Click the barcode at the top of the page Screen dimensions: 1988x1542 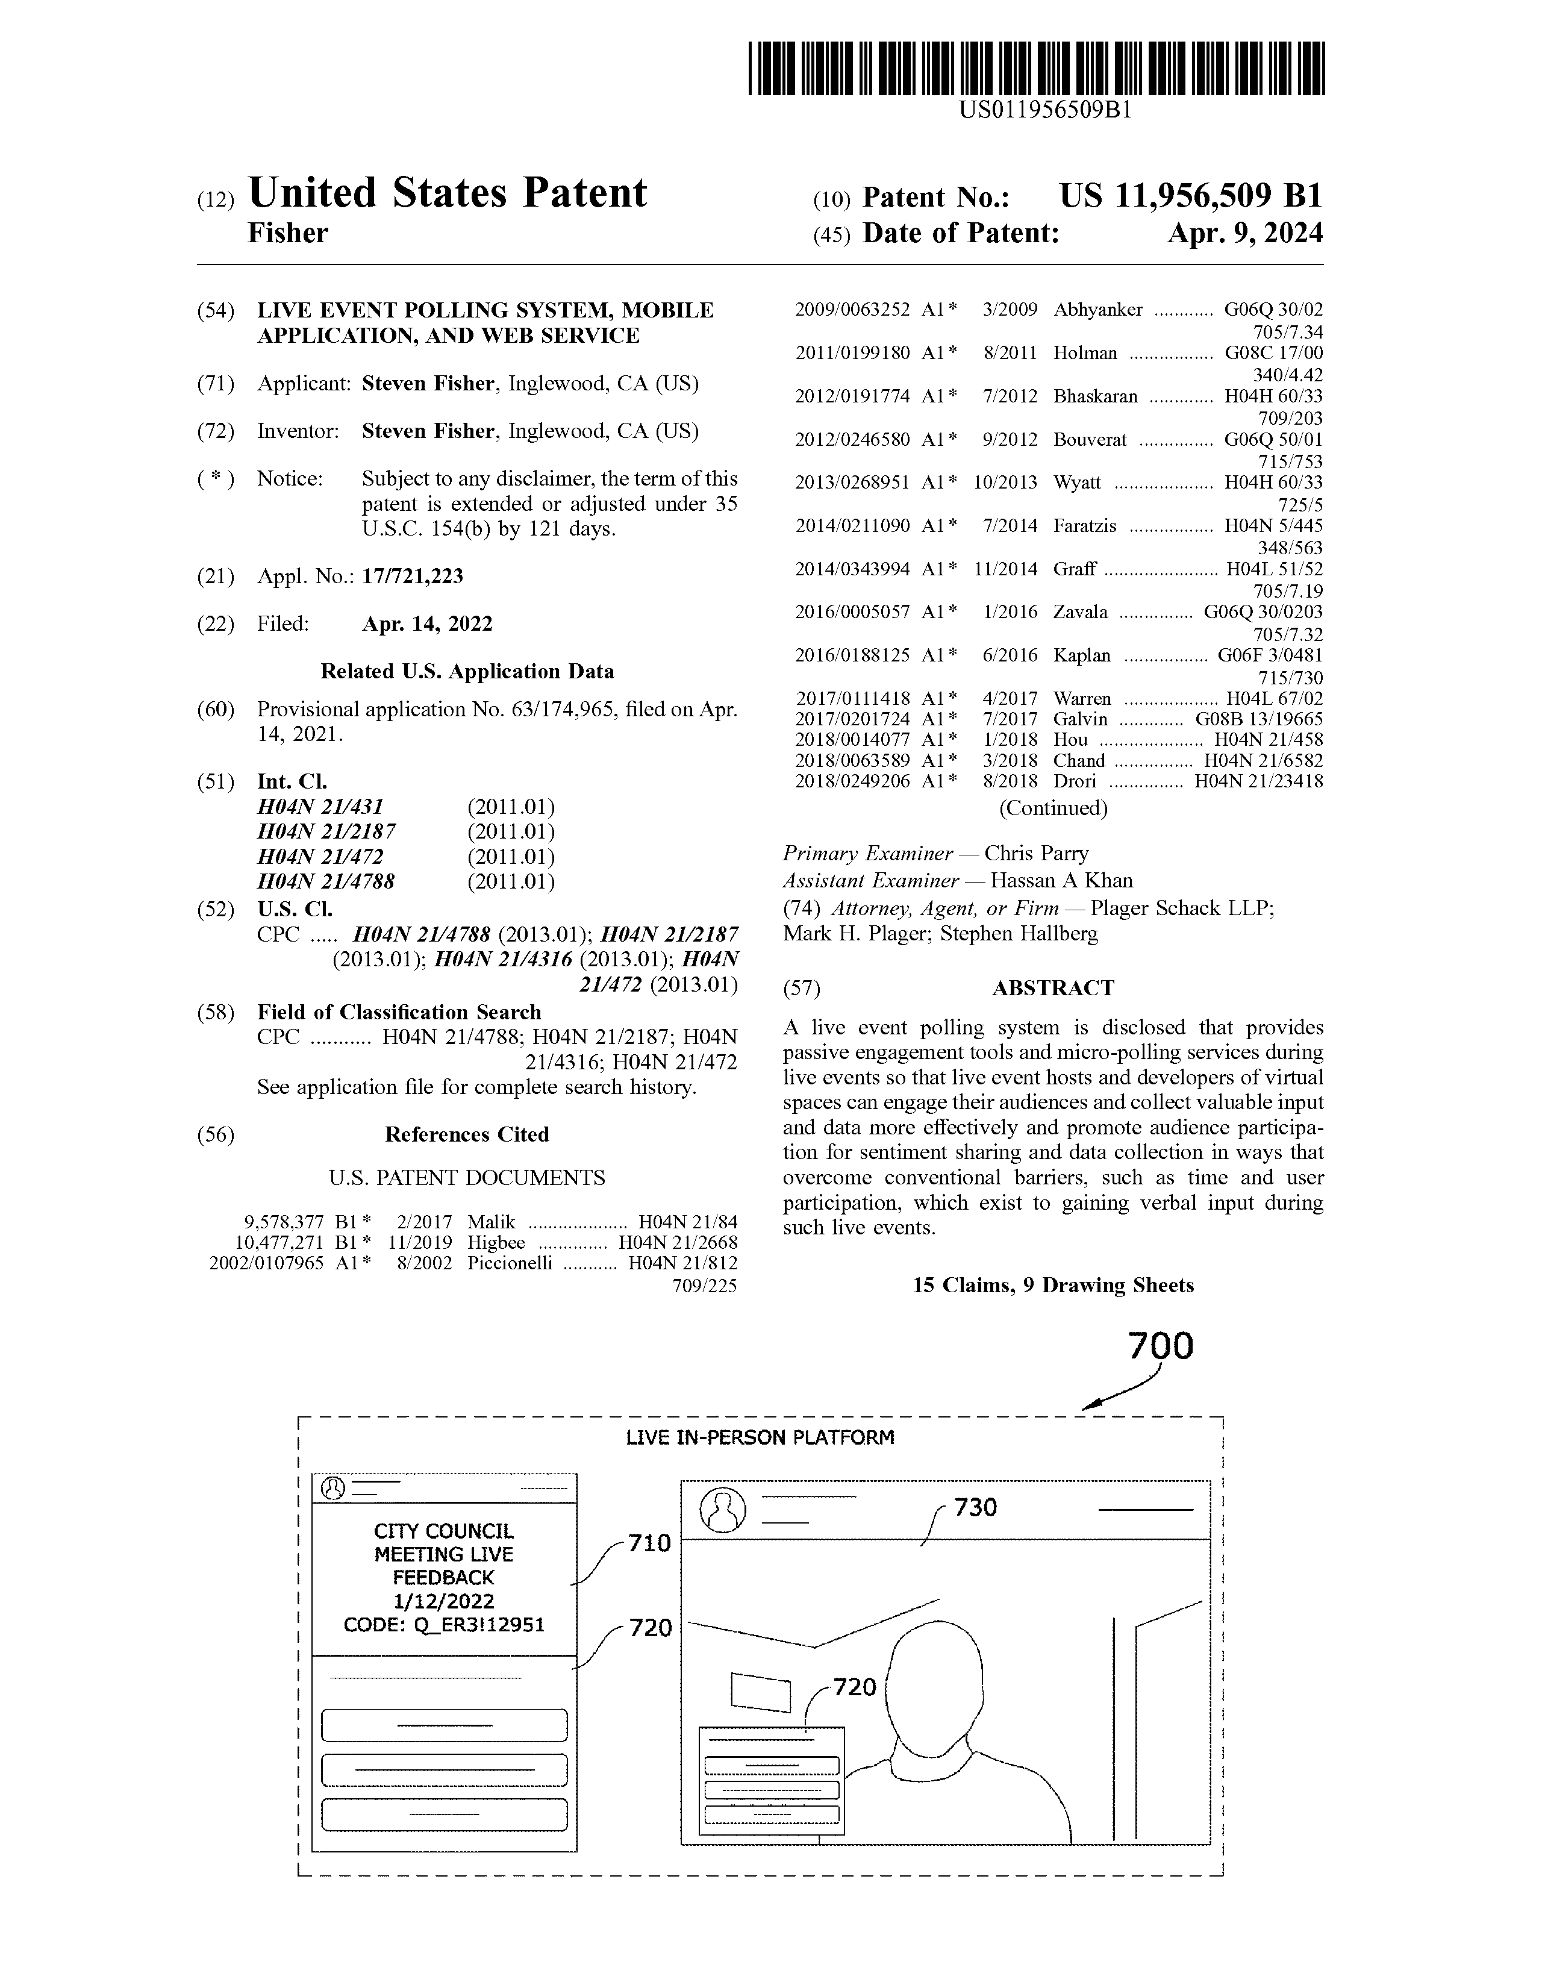click(x=1036, y=68)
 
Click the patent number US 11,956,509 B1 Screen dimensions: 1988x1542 click(x=1190, y=196)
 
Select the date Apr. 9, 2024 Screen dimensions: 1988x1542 click(x=1244, y=234)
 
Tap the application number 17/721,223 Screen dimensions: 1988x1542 click(x=413, y=576)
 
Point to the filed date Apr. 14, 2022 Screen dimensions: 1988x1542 click(x=427, y=624)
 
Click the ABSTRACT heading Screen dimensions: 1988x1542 click(x=1052, y=987)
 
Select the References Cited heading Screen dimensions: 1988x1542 click(x=466, y=1134)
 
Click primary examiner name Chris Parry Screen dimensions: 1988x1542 click(x=1036, y=854)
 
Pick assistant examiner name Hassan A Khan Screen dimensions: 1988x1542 click(x=1061, y=880)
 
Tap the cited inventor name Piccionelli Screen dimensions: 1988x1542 click(x=510, y=1263)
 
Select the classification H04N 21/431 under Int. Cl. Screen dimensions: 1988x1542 click(x=320, y=807)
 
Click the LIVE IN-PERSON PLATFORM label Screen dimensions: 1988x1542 click(x=759, y=1437)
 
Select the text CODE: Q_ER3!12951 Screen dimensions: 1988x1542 click(x=443, y=1624)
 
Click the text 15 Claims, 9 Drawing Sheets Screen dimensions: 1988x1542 click(x=1052, y=1286)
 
